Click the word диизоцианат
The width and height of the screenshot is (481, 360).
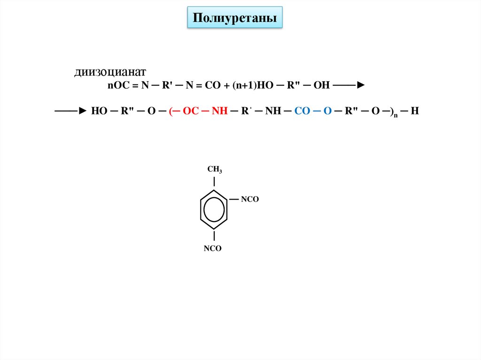tap(110, 72)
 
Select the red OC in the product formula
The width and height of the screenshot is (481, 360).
tap(191, 111)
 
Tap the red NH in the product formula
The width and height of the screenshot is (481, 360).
tap(219, 111)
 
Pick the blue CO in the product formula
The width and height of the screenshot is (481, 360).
tap(302, 111)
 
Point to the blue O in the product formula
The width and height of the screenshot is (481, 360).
tap(327, 111)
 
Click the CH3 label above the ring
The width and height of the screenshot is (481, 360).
tap(214, 170)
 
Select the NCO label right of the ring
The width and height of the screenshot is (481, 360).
tap(250, 199)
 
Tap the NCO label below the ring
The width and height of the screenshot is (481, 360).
tap(212, 249)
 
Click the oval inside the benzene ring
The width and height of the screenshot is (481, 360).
tap(214, 209)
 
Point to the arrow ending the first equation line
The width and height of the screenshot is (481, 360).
tap(351, 85)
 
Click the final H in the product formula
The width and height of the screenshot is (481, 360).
tap(415, 111)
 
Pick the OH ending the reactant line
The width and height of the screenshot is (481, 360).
tap(322, 85)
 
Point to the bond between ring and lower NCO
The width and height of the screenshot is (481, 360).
tap(214, 236)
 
